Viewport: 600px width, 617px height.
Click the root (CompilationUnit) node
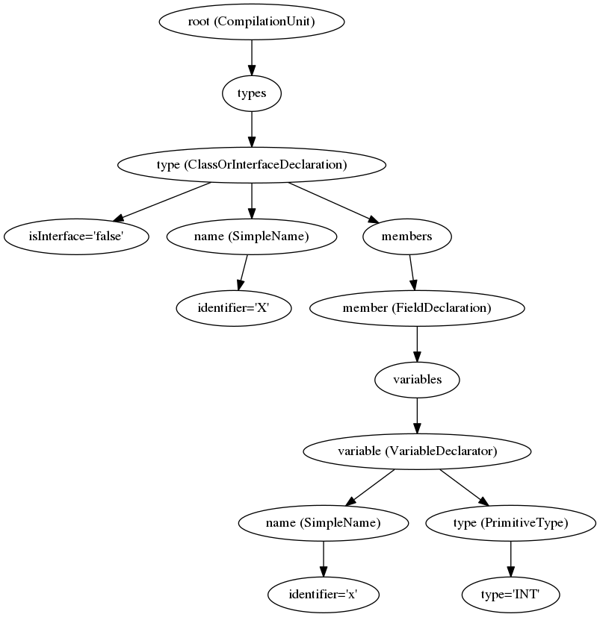pyautogui.click(x=251, y=22)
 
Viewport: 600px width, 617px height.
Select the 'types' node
pyautogui.click(x=251, y=93)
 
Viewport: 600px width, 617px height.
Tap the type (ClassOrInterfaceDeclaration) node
pyautogui.click(x=251, y=165)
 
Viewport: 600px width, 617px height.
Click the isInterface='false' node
pyautogui.click(x=76, y=237)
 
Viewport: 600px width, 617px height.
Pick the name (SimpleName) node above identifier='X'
pyautogui.click(x=251, y=237)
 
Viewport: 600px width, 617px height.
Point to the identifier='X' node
pyautogui.click(x=233, y=308)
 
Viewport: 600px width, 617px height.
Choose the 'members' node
pyautogui.click(x=407, y=237)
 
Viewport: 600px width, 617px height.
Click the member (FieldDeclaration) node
pyautogui.click(x=416, y=308)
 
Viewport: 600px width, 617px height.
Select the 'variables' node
pyautogui.click(x=416, y=380)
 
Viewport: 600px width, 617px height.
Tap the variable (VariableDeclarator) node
pyautogui.click(x=416, y=451)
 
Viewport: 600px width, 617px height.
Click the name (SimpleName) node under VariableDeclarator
pyautogui.click(x=323, y=523)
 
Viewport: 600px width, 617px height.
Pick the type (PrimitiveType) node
pyautogui.click(x=510, y=523)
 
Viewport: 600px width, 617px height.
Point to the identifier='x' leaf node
pyautogui.click(x=323, y=595)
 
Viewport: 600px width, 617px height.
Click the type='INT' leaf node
pyautogui.click(x=510, y=595)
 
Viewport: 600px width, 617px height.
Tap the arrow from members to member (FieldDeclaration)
pyautogui.click(x=412, y=272)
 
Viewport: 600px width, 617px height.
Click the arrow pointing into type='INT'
pyautogui.click(x=510, y=559)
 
